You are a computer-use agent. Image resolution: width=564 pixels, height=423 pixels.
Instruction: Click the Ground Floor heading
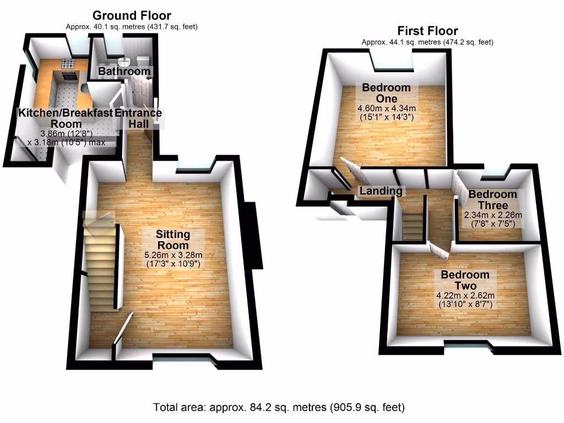131,15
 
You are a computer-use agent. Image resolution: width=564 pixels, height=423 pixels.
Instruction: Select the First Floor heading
427,31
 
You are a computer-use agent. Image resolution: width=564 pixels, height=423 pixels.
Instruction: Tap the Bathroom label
124,72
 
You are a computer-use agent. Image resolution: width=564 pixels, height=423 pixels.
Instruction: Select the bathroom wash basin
125,61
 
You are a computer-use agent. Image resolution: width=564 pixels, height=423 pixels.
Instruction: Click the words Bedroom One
386,93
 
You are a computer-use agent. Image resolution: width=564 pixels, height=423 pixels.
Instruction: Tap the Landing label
381,191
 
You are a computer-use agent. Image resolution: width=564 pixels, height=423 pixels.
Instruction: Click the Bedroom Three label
492,199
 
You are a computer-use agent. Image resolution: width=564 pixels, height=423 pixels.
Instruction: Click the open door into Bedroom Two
440,251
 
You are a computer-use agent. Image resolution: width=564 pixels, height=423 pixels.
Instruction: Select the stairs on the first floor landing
413,226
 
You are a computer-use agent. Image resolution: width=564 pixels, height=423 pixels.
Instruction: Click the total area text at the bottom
279,408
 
